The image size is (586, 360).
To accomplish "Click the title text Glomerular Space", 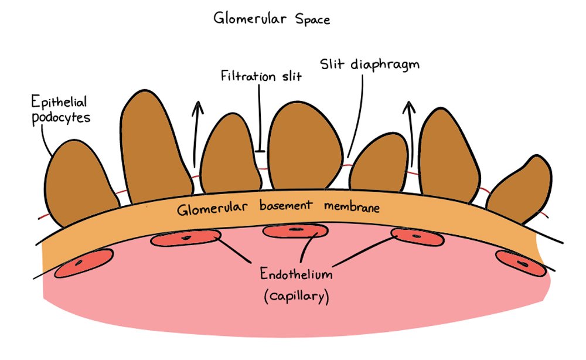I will coord(272,19).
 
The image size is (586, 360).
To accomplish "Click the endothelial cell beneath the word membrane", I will coord(416,236).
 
